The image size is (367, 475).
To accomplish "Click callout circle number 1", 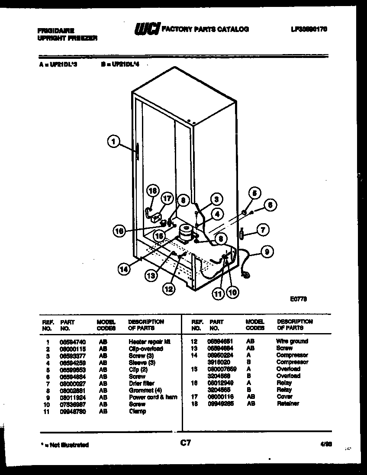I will [x=113, y=141].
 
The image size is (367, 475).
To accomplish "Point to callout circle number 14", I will [x=124, y=269].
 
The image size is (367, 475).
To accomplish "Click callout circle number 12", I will [x=169, y=289].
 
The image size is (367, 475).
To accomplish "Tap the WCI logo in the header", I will [x=146, y=29].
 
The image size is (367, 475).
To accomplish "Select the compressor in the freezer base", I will [x=187, y=233].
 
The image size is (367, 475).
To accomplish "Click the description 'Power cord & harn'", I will [x=153, y=397].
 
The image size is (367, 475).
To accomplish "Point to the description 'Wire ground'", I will [x=292, y=341].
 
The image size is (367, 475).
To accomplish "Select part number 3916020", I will [x=218, y=362].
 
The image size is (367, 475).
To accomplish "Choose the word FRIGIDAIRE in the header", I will [x=56, y=31].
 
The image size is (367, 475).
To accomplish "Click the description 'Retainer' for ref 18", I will [x=288, y=404].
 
